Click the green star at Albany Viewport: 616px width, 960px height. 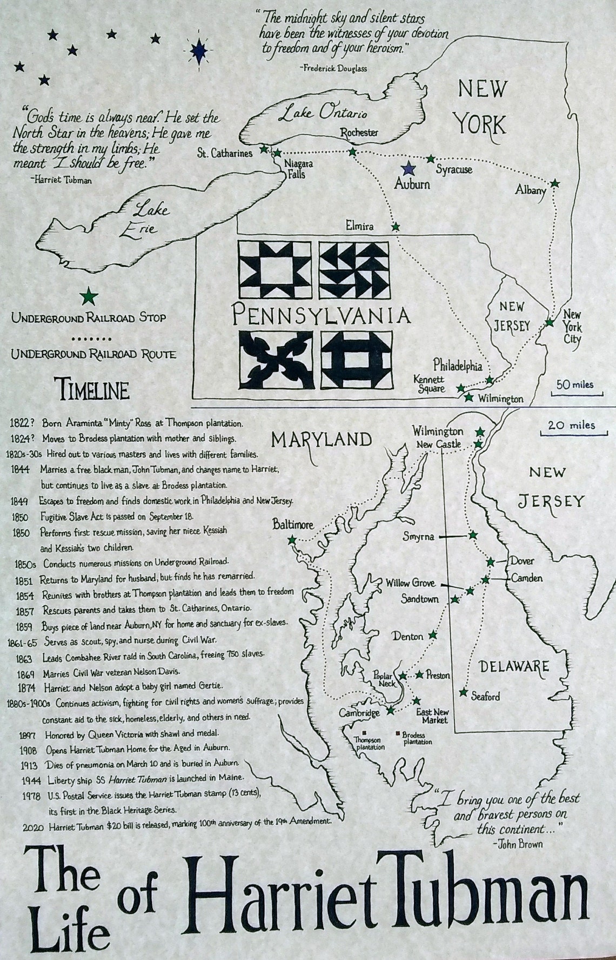[x=554, y=183]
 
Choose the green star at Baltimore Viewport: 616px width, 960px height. [x=292, y=540]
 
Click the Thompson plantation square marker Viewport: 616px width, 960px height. [x=357, y=734]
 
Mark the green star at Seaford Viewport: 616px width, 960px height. [x=463, y=692]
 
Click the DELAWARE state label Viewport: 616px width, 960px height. [x=514, y=666]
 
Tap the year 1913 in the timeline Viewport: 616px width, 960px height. [x=29, y=765]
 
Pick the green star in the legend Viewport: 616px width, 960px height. [x=88, y=297]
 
